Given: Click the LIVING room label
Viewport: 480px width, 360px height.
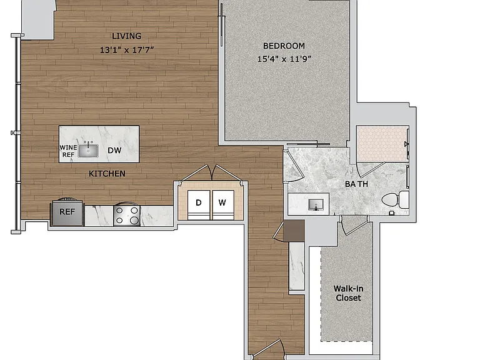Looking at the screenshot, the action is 126,36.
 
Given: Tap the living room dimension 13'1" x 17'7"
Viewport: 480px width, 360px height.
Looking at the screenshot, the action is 126,49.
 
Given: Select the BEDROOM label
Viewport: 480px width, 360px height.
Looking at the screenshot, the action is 284,46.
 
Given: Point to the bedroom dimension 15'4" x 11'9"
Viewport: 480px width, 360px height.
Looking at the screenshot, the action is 284,59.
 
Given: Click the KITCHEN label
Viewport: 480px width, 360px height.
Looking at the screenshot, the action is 107,174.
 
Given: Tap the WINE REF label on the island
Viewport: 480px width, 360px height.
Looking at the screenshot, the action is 68,151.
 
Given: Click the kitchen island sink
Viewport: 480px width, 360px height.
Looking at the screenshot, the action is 88,150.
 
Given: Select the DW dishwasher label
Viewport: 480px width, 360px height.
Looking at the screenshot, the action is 114,150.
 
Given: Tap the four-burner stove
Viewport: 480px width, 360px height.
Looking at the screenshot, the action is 127,216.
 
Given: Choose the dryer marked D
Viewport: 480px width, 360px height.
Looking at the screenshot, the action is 199,204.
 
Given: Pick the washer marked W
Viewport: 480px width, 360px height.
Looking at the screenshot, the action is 223,204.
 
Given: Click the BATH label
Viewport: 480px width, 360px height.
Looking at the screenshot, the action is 356,184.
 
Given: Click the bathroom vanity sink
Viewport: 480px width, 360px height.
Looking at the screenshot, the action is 316,204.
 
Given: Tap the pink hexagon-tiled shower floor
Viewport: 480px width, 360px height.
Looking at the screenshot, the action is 382,143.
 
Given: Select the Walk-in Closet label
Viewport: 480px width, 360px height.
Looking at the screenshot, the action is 348,293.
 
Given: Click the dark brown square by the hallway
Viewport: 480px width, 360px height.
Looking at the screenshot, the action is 294,231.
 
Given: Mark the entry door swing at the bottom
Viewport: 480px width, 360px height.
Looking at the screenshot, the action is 268,349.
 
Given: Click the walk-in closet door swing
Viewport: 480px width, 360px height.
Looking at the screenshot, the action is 354,226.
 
